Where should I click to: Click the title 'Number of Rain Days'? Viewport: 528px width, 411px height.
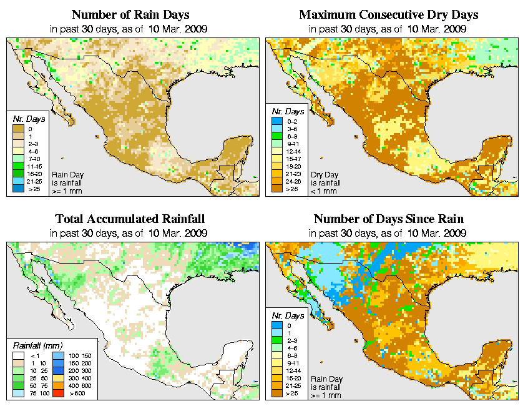(131, 14)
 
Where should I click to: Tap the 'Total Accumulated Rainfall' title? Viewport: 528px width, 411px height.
(130, 219)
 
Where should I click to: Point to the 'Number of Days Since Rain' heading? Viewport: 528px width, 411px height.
(388, 219)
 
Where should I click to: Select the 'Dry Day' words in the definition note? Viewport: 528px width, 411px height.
(323, 175)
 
